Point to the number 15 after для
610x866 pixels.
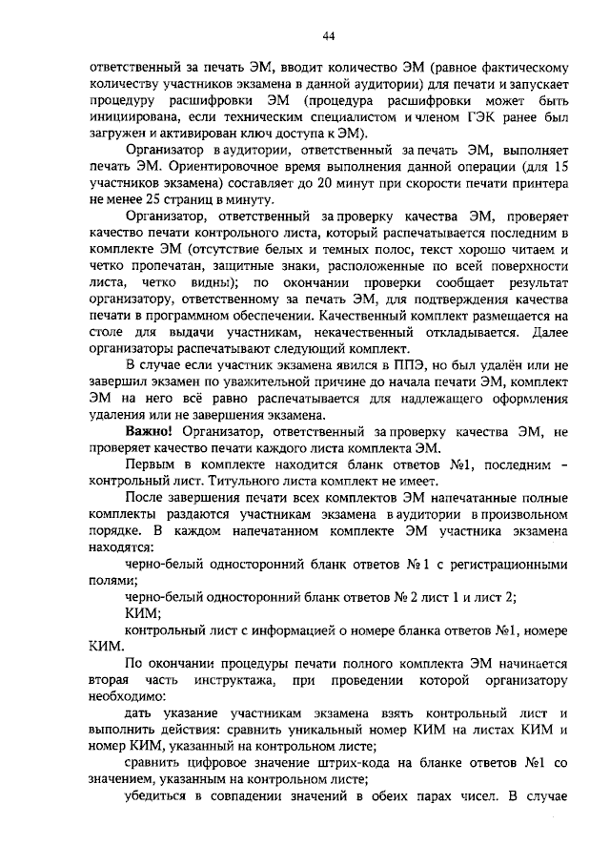560,166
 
